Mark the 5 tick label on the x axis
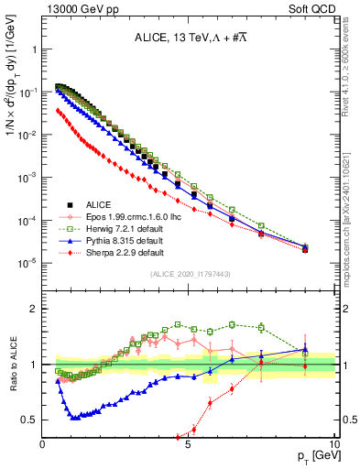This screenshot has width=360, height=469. [x=188, y=443]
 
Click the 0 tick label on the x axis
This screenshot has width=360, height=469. [x=43, y=443]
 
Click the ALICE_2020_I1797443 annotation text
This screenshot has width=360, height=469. [x=190, y=275]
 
